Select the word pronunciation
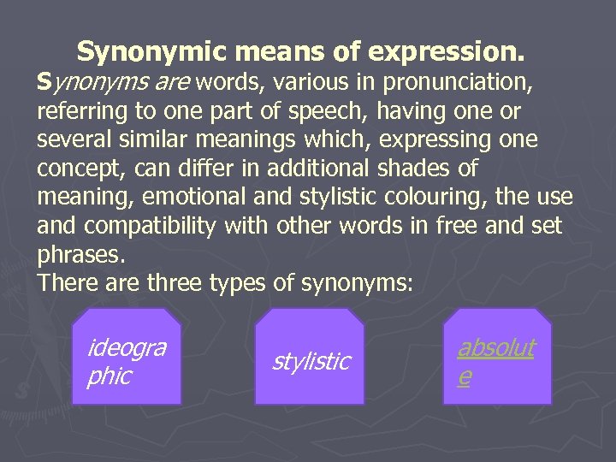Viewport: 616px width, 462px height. point(455,84)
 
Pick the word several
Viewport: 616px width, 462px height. point(74,139)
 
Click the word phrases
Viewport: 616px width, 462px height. point(80,253)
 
